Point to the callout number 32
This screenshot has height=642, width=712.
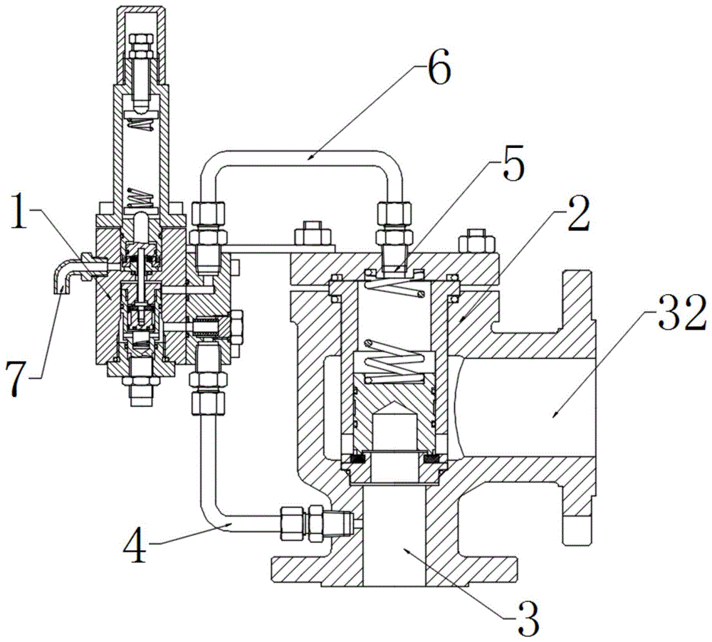676,310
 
